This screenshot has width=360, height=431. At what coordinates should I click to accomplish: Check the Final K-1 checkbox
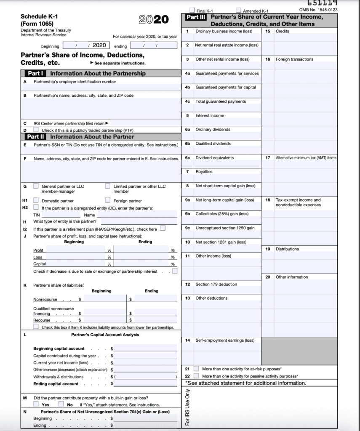pos(192,10)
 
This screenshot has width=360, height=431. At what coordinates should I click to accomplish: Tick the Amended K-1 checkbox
pos(239,10)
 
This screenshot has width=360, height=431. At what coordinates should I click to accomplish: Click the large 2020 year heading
pos(153,19)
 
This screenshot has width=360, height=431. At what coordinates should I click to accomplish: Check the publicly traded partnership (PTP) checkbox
pos(36,130)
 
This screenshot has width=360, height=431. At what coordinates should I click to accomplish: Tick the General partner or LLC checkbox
pos(36,186)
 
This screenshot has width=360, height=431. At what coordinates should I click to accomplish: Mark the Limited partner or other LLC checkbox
pos(108,186)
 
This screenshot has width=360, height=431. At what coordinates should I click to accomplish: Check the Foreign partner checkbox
pos(108,200)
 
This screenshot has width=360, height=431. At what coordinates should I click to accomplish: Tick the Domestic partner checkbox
pos(36,200)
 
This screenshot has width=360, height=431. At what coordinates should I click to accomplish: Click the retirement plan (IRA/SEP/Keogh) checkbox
pos(163,229)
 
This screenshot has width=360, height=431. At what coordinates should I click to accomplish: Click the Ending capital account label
pos(56,384)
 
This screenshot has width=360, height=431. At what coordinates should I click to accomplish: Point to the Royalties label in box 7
pos(204,172)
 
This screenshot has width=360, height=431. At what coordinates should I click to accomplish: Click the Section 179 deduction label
pos(216,284)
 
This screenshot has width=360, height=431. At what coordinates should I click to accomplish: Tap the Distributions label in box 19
pos(287,249)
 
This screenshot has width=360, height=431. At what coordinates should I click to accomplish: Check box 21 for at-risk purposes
pos(196,369)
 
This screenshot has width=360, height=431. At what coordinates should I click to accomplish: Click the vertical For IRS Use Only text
pos(188,408)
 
